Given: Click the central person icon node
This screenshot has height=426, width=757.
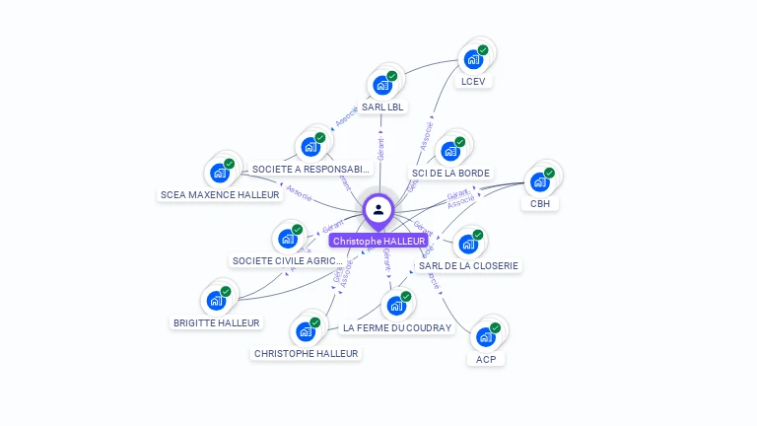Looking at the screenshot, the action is click(378, 209).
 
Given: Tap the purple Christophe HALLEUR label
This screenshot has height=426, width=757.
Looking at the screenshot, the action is click(378, 241).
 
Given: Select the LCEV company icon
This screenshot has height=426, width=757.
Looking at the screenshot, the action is click(473, 59).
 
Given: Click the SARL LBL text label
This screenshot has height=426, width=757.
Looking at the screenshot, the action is click(382, 106).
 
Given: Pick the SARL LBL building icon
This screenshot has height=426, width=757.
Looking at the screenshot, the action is click(382, 85).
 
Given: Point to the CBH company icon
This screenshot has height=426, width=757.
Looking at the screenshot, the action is click(539, 181).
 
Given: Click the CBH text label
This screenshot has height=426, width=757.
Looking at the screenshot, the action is click(540, 204).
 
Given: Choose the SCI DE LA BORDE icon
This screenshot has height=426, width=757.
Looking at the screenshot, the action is click(450, 151).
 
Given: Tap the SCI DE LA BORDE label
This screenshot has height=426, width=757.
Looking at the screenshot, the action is click(450, 174).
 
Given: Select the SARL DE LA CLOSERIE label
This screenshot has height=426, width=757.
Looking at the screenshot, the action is click(468, 265).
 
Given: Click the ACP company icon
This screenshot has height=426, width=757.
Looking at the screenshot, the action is click(485, 336).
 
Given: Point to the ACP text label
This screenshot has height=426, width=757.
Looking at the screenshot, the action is click(486, 359).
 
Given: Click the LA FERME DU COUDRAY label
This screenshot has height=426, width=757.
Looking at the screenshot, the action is click(396, 327).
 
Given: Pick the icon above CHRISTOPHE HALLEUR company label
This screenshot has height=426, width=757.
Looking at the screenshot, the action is click(306, 330).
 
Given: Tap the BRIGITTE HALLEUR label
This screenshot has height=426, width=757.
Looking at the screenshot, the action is click(217, 322).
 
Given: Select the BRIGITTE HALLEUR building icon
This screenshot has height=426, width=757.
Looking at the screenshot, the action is click(216, 300).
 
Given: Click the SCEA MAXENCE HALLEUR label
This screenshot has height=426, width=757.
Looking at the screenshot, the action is click(220, 194).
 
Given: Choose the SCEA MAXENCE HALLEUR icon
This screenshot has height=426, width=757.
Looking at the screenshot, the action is click(220, 173).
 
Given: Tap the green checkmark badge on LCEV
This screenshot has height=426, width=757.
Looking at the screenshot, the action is click(483, 49).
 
